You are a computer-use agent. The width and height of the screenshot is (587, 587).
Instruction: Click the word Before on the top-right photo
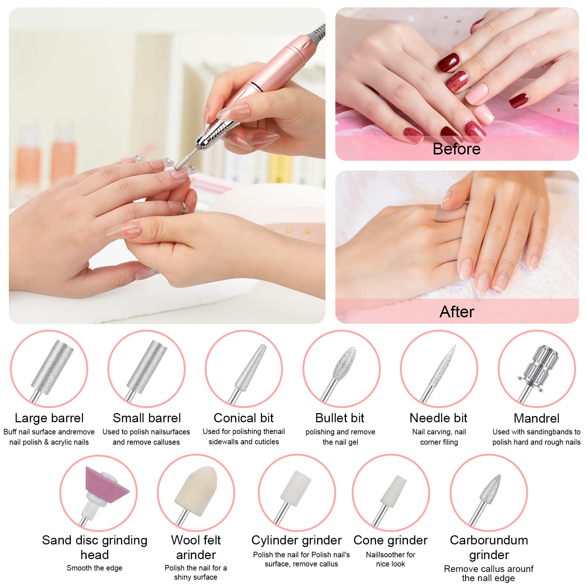[x=456, y=149]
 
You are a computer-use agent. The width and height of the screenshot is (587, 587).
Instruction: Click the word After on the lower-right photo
[x=457, y=312]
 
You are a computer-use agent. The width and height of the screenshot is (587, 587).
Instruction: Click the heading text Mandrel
[x=536, y=418]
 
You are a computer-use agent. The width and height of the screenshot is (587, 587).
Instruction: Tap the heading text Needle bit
[x=438, y=418]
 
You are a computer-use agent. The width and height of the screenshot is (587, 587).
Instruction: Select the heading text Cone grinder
[x=390, y=540]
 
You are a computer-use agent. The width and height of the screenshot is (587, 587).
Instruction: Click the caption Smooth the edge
[x=94, y=568]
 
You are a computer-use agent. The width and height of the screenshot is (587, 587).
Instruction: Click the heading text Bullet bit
[x=340, y=418]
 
